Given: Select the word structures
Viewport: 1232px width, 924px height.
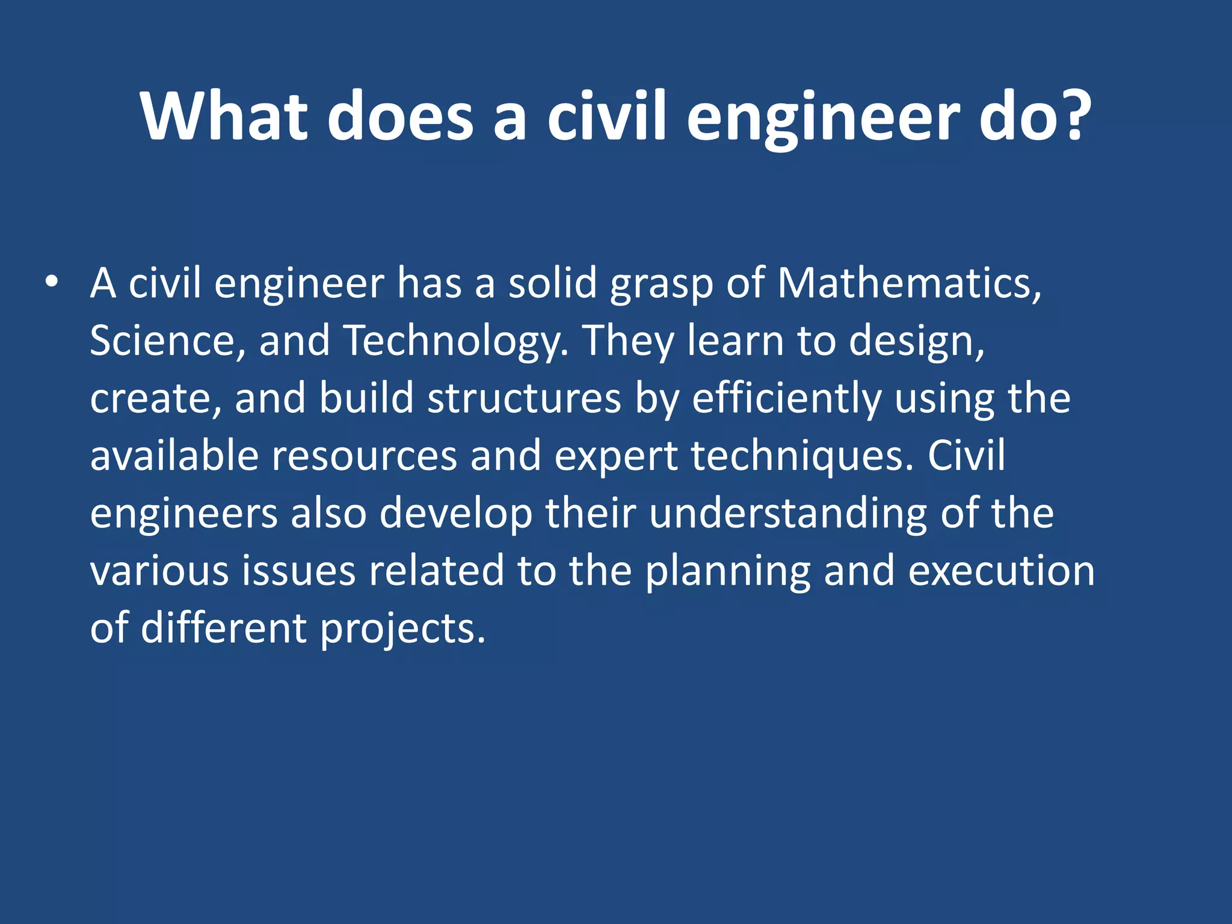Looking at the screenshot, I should pos(524,398).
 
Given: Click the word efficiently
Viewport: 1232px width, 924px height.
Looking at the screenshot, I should pos(786,399).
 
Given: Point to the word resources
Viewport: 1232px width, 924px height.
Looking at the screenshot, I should pos(364,456).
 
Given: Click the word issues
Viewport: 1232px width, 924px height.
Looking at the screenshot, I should pos(298,571).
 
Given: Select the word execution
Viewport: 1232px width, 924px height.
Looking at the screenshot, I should pos(1001,571).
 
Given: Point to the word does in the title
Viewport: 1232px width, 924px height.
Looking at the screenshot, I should pos(401,115).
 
